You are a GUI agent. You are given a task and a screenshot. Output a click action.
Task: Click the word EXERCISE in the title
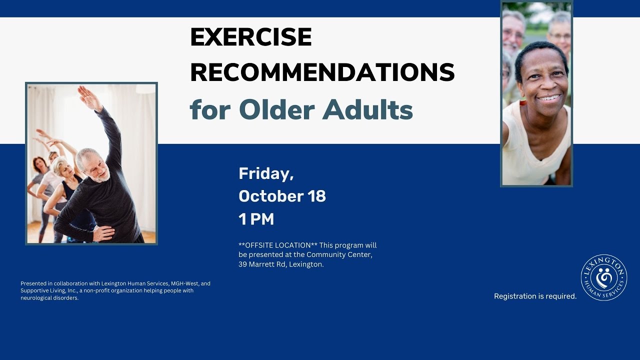(251, 37)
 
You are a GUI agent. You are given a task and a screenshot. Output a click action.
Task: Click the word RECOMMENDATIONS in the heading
(322, 72)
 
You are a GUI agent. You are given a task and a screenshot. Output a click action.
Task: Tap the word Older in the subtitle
(277, 109)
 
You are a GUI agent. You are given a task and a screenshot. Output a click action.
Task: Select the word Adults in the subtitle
(367, 109)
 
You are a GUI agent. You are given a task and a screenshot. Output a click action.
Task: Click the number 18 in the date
(316, 196)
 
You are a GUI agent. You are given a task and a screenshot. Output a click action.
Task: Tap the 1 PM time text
(256, 219)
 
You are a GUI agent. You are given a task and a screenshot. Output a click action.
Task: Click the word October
(271, 196)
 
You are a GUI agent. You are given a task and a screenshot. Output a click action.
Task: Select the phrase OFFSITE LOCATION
(278, 245)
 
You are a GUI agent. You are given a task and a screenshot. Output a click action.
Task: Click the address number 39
(242, 264)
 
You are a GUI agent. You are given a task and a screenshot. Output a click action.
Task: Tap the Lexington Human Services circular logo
(604, 277)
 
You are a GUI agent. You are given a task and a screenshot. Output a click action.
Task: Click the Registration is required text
(535, 296)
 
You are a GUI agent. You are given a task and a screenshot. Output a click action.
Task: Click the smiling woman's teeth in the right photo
(549, 98)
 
